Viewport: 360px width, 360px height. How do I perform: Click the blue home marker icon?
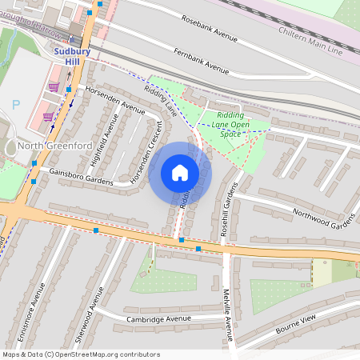point(180,173)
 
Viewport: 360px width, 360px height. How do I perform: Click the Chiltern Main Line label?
point(310,41)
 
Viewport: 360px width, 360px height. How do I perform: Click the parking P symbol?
point(16,105)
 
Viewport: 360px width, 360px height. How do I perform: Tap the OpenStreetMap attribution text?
point(80,354)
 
